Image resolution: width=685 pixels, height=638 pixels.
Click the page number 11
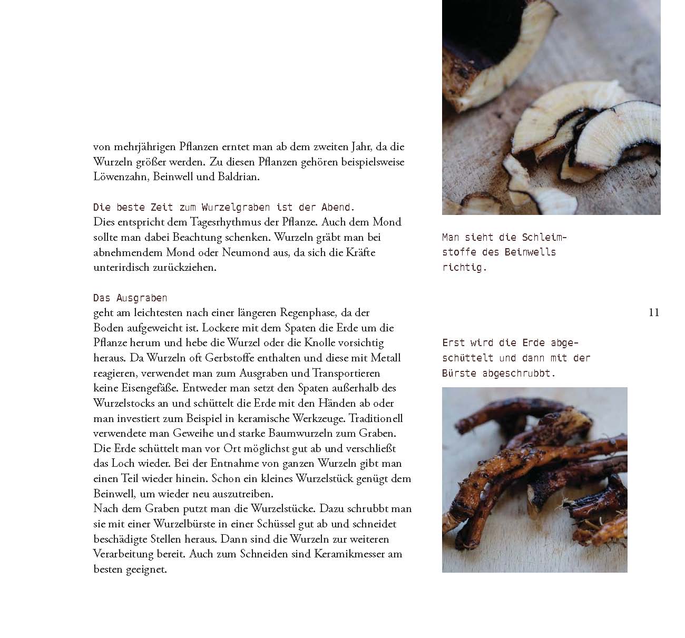click(x=653, y=312)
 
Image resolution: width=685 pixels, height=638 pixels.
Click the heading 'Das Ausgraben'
click(x=130, y=298)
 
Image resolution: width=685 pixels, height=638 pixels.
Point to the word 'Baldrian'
click(x=239, y=177)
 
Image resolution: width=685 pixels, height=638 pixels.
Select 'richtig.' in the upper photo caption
click(x=464, y=268)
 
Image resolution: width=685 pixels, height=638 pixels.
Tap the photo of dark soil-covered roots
click(x=534, y=479)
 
